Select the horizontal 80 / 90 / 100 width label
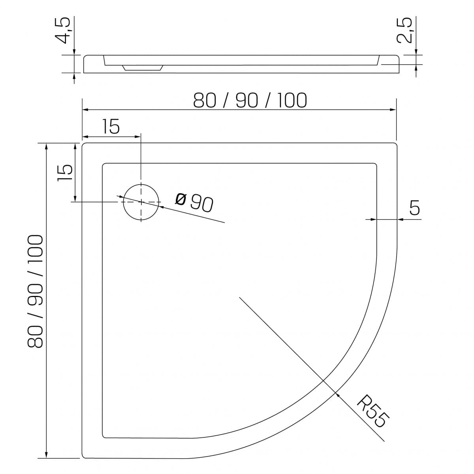click(250, 100)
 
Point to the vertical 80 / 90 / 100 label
click(35, 291)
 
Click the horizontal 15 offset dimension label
click(111, 126)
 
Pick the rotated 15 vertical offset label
click(65, 173)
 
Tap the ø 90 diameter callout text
click(194, 203)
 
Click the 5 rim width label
click(414, 207)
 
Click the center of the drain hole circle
click(141, 202)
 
